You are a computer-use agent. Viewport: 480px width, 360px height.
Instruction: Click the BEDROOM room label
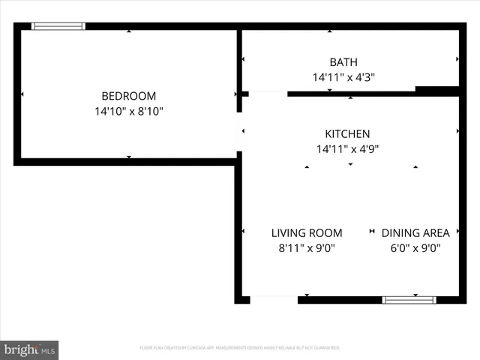point(129,96)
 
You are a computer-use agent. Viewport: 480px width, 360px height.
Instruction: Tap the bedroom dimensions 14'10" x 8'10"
point(129,111)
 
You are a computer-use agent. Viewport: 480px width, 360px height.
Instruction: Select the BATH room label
point(343,62)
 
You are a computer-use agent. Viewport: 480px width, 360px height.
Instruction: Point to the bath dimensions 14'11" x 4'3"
point(343,76)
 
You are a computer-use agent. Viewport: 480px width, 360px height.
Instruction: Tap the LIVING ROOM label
point(307,232)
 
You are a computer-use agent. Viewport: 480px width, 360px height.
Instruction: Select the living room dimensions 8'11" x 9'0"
point(307,248)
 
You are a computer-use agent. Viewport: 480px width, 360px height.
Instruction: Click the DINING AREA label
point(415,232)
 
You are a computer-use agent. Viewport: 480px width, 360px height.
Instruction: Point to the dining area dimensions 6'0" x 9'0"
point(415,248)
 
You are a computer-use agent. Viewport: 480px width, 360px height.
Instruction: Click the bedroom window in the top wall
point(58,26)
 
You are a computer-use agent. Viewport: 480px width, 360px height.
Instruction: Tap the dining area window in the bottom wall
point(409,300)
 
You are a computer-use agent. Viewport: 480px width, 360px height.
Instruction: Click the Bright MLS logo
point(30,349)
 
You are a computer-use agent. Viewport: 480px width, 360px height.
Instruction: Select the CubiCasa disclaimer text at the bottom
point(240,348)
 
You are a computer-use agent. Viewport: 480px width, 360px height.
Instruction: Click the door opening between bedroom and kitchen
point(240,132)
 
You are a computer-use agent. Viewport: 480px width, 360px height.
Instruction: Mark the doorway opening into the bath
point(267,94)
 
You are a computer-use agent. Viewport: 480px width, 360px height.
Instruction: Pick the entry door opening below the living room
point(274,300)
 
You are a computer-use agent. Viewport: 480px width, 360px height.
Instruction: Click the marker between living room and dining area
point(372,232)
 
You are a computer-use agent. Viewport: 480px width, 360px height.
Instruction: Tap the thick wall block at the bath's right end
point(437,91)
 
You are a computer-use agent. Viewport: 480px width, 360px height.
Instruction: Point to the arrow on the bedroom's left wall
point(23,94)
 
